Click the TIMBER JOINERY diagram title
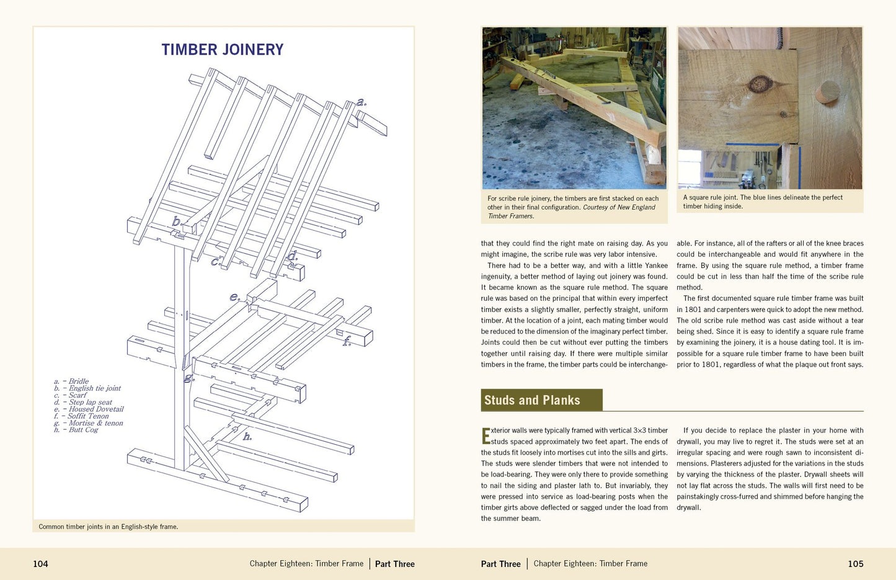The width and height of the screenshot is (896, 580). point(223,50)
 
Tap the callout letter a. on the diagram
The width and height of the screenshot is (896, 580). point(362,102)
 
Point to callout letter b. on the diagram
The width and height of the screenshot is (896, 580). point(177,221)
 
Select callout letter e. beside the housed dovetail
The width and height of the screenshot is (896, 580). point(235,297)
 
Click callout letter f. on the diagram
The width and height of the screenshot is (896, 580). point(347,341)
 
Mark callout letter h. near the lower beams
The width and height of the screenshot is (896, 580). point(247,436)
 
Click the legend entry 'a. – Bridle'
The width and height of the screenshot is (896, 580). point(71,381)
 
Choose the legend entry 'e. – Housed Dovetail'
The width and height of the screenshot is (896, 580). point(89,409)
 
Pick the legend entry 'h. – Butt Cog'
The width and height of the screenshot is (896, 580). point(76,430)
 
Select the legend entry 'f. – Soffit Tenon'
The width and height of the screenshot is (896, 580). point(81,416)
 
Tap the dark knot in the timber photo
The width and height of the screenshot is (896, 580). point(757,84)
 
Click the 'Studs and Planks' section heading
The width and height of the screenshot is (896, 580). point(532,400)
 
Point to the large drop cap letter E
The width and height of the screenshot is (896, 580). point(486,436)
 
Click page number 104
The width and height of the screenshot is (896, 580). point(40,564)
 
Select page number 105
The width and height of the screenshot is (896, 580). point(856,564)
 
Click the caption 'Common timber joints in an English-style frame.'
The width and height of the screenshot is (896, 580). point(109,527)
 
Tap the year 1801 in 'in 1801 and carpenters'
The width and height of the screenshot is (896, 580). point(694,310)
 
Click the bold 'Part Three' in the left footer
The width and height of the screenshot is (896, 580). point(395,564)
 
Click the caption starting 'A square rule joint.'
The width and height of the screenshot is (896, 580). point(763,202)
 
